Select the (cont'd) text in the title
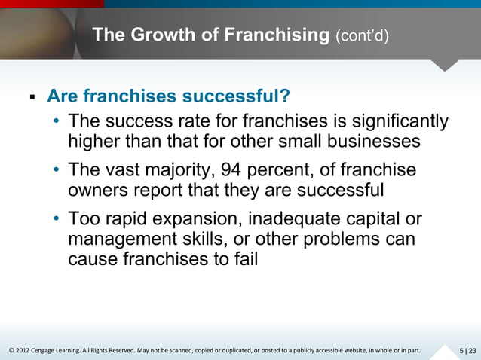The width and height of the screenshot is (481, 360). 362,35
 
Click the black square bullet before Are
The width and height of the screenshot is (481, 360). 32,98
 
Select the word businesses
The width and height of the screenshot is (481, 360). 370,142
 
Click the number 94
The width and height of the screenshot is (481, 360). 228,171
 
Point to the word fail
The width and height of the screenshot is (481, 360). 244,260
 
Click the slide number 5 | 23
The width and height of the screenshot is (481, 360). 467,350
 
